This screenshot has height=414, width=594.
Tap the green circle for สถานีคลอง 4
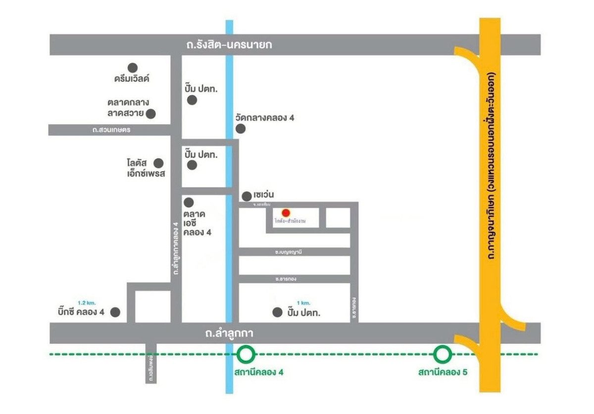pos(246,354)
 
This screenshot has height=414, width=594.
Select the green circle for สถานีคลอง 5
pos(443,354)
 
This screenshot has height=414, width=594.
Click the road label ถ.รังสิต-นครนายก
pos(230,45)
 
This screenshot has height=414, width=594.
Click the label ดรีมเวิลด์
pos(131,79)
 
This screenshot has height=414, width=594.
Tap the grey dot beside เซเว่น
pos(246,196)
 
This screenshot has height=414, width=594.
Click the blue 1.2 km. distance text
pos(86,302)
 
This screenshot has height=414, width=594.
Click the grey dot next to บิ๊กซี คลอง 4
pos(115,312)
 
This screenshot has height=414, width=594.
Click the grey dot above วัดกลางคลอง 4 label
pos(241,129)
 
